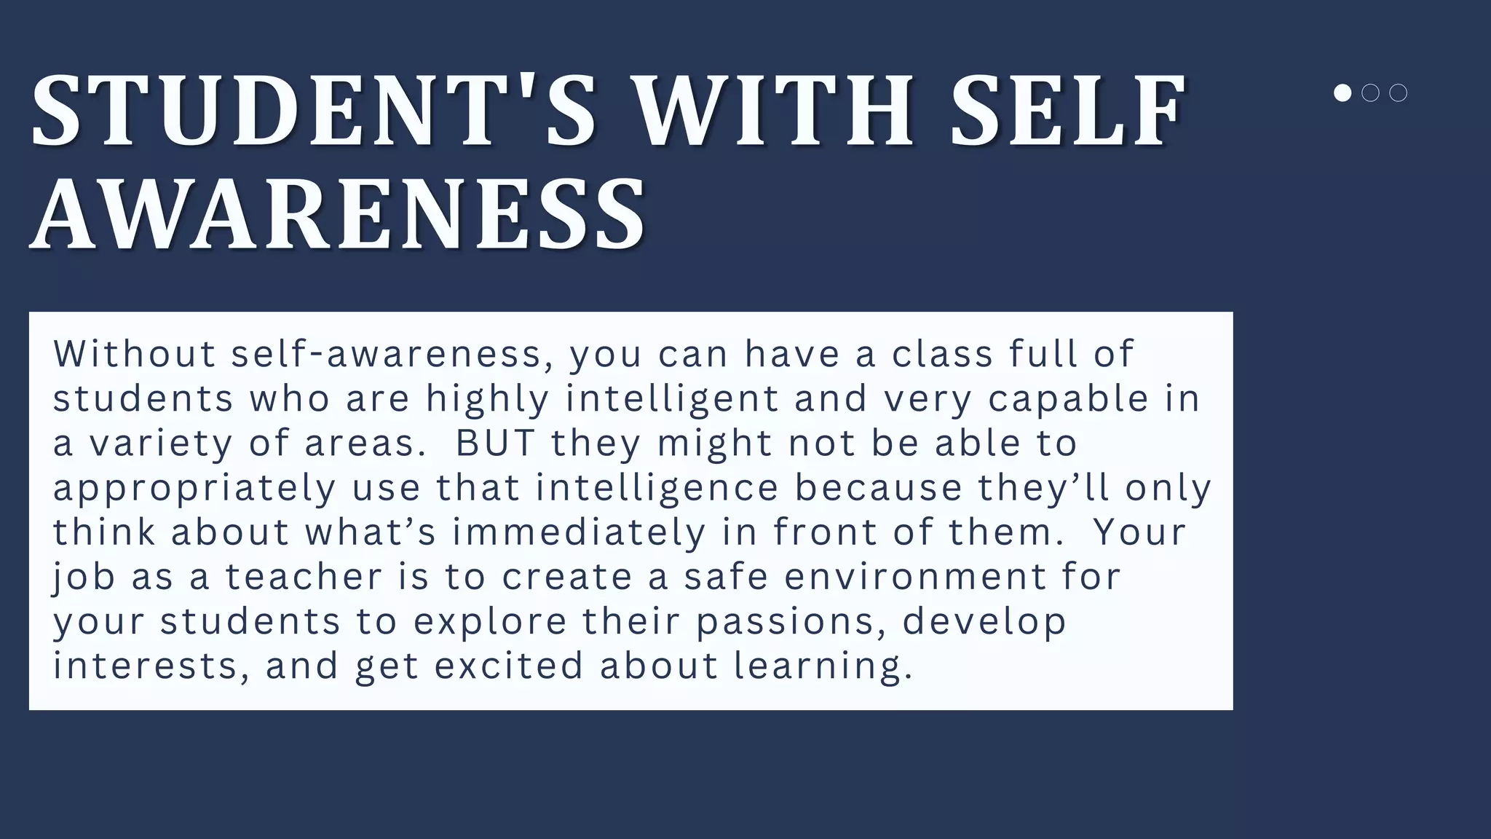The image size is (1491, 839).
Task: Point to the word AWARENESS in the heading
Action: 338,216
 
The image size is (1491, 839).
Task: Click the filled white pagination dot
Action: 1342,93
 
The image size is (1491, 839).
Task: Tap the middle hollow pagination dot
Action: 1370,93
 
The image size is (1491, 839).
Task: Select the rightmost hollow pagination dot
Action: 1398,93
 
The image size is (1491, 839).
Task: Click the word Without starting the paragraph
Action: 135,354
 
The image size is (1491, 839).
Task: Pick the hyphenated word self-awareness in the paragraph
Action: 387,354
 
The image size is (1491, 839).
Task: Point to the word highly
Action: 487,400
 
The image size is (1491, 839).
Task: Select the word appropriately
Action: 194,489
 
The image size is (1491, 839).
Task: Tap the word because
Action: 878,487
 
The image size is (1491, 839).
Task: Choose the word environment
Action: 915,577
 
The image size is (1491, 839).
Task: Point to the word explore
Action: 490,622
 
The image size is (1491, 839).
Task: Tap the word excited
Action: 509,666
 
